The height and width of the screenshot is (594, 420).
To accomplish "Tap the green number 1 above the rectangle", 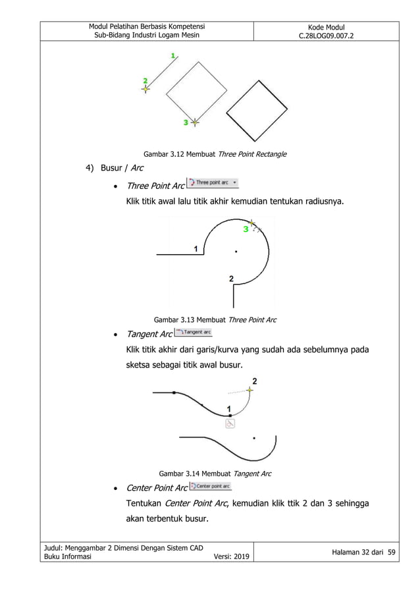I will (x=173, y=57).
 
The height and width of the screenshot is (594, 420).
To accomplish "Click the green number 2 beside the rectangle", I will (x=145, y=80).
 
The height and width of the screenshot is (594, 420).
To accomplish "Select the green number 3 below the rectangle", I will (x=186, y=122).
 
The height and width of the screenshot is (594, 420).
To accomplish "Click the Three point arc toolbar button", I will (x=213, y=183).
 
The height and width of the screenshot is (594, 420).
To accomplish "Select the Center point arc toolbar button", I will (x=210, y=487).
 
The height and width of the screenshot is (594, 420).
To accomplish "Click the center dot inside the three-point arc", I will (x=236, y=251).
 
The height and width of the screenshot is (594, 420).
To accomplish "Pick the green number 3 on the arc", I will (x=246, y=229).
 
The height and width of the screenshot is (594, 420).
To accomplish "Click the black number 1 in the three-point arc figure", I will (x=196, y=248).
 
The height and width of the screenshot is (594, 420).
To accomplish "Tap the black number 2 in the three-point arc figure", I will (x=231, y=279).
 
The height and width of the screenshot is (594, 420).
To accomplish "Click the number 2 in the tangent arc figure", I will (x=255, y=381).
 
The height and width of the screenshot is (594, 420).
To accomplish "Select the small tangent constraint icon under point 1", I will (x=230, y=424).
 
